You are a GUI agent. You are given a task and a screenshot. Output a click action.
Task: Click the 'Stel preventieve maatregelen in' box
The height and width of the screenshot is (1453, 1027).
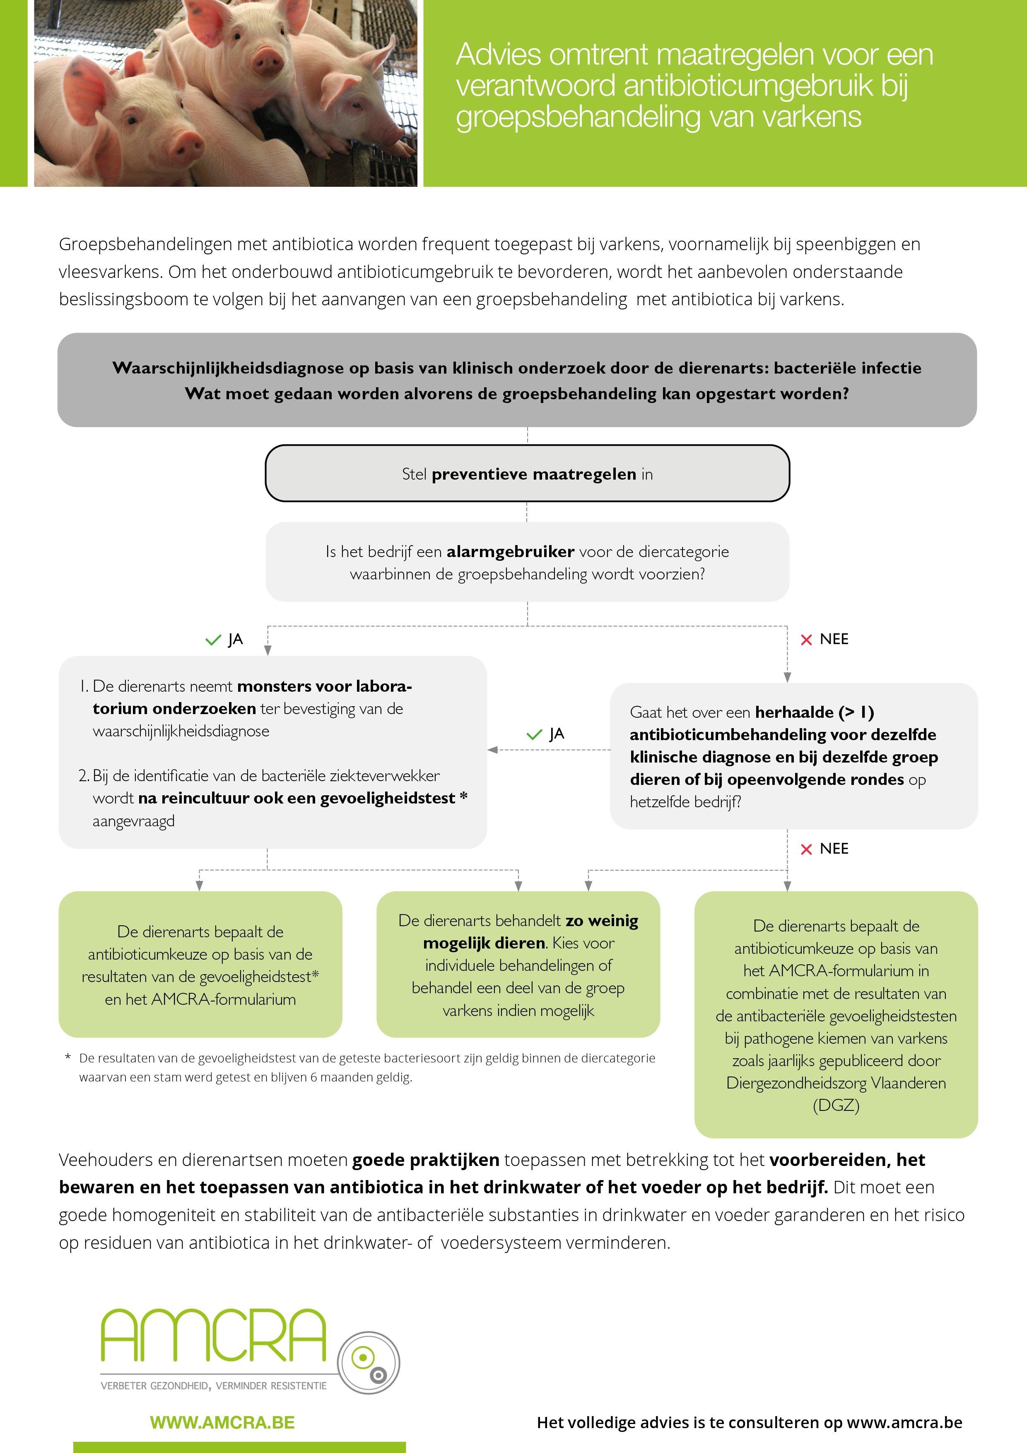(x=527, y=474)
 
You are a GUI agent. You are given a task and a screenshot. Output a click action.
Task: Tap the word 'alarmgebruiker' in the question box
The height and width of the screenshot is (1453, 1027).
(x=510, y=551)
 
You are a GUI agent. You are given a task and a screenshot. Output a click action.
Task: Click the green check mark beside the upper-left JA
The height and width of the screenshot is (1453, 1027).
(x=213, y=640)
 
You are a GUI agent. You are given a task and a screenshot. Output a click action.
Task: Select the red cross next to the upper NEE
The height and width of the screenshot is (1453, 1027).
(x=806, y=640)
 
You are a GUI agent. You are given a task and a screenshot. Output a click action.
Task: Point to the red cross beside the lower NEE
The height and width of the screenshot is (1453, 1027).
(x=806, y=849)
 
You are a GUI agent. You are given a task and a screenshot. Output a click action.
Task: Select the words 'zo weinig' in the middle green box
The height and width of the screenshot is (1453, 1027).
(x=602, y=921)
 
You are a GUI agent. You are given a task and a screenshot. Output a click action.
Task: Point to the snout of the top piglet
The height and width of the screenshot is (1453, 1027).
(x=267, y=61)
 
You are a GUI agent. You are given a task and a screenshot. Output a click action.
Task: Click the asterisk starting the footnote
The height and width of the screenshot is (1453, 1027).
(x=68, y=1057)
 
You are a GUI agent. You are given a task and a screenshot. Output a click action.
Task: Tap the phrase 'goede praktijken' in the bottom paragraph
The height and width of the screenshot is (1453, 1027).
(x=425, y=1160)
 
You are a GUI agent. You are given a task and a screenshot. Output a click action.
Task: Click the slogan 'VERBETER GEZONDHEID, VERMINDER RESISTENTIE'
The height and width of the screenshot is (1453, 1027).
(x=214, y=1386)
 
